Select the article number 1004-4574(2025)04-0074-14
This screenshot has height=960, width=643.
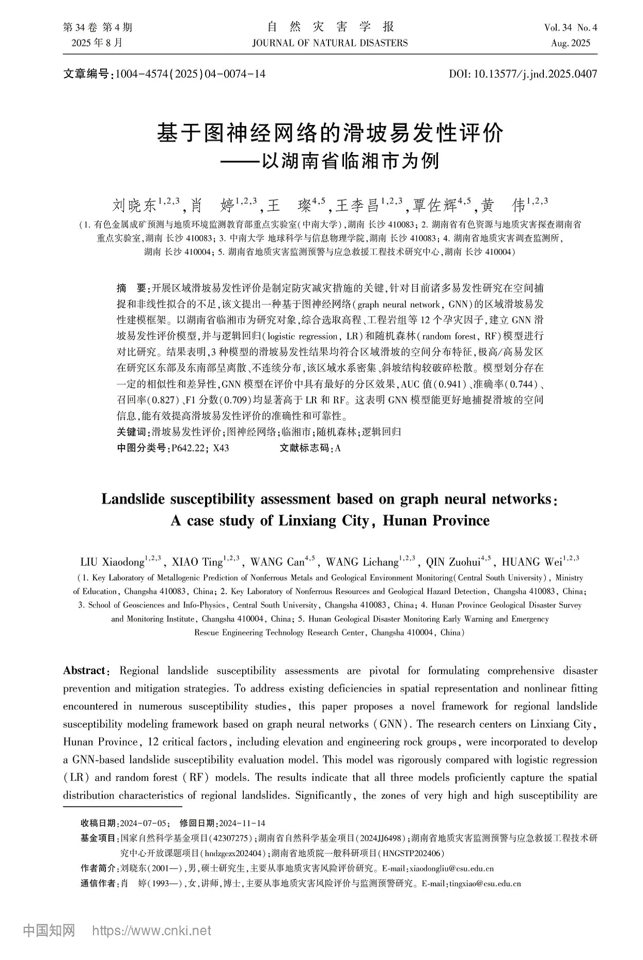click(x=190, y=74)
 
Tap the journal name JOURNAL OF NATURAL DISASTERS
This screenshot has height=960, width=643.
click(x=330, y=43)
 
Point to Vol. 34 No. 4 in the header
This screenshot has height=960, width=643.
click(x=570, y=28)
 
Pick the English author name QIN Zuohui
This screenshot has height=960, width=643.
click(x=452, y=562)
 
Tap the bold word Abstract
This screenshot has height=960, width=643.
click(x=84, y=671)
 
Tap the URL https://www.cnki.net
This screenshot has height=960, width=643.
click(x=151, y=931)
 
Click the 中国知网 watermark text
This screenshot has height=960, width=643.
click(x=50, y=931)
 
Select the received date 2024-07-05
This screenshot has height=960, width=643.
click(x=143, y=823)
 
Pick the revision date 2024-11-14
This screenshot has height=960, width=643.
click(x=242, y=823)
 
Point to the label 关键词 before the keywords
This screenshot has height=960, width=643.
click(x=132, y=432)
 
